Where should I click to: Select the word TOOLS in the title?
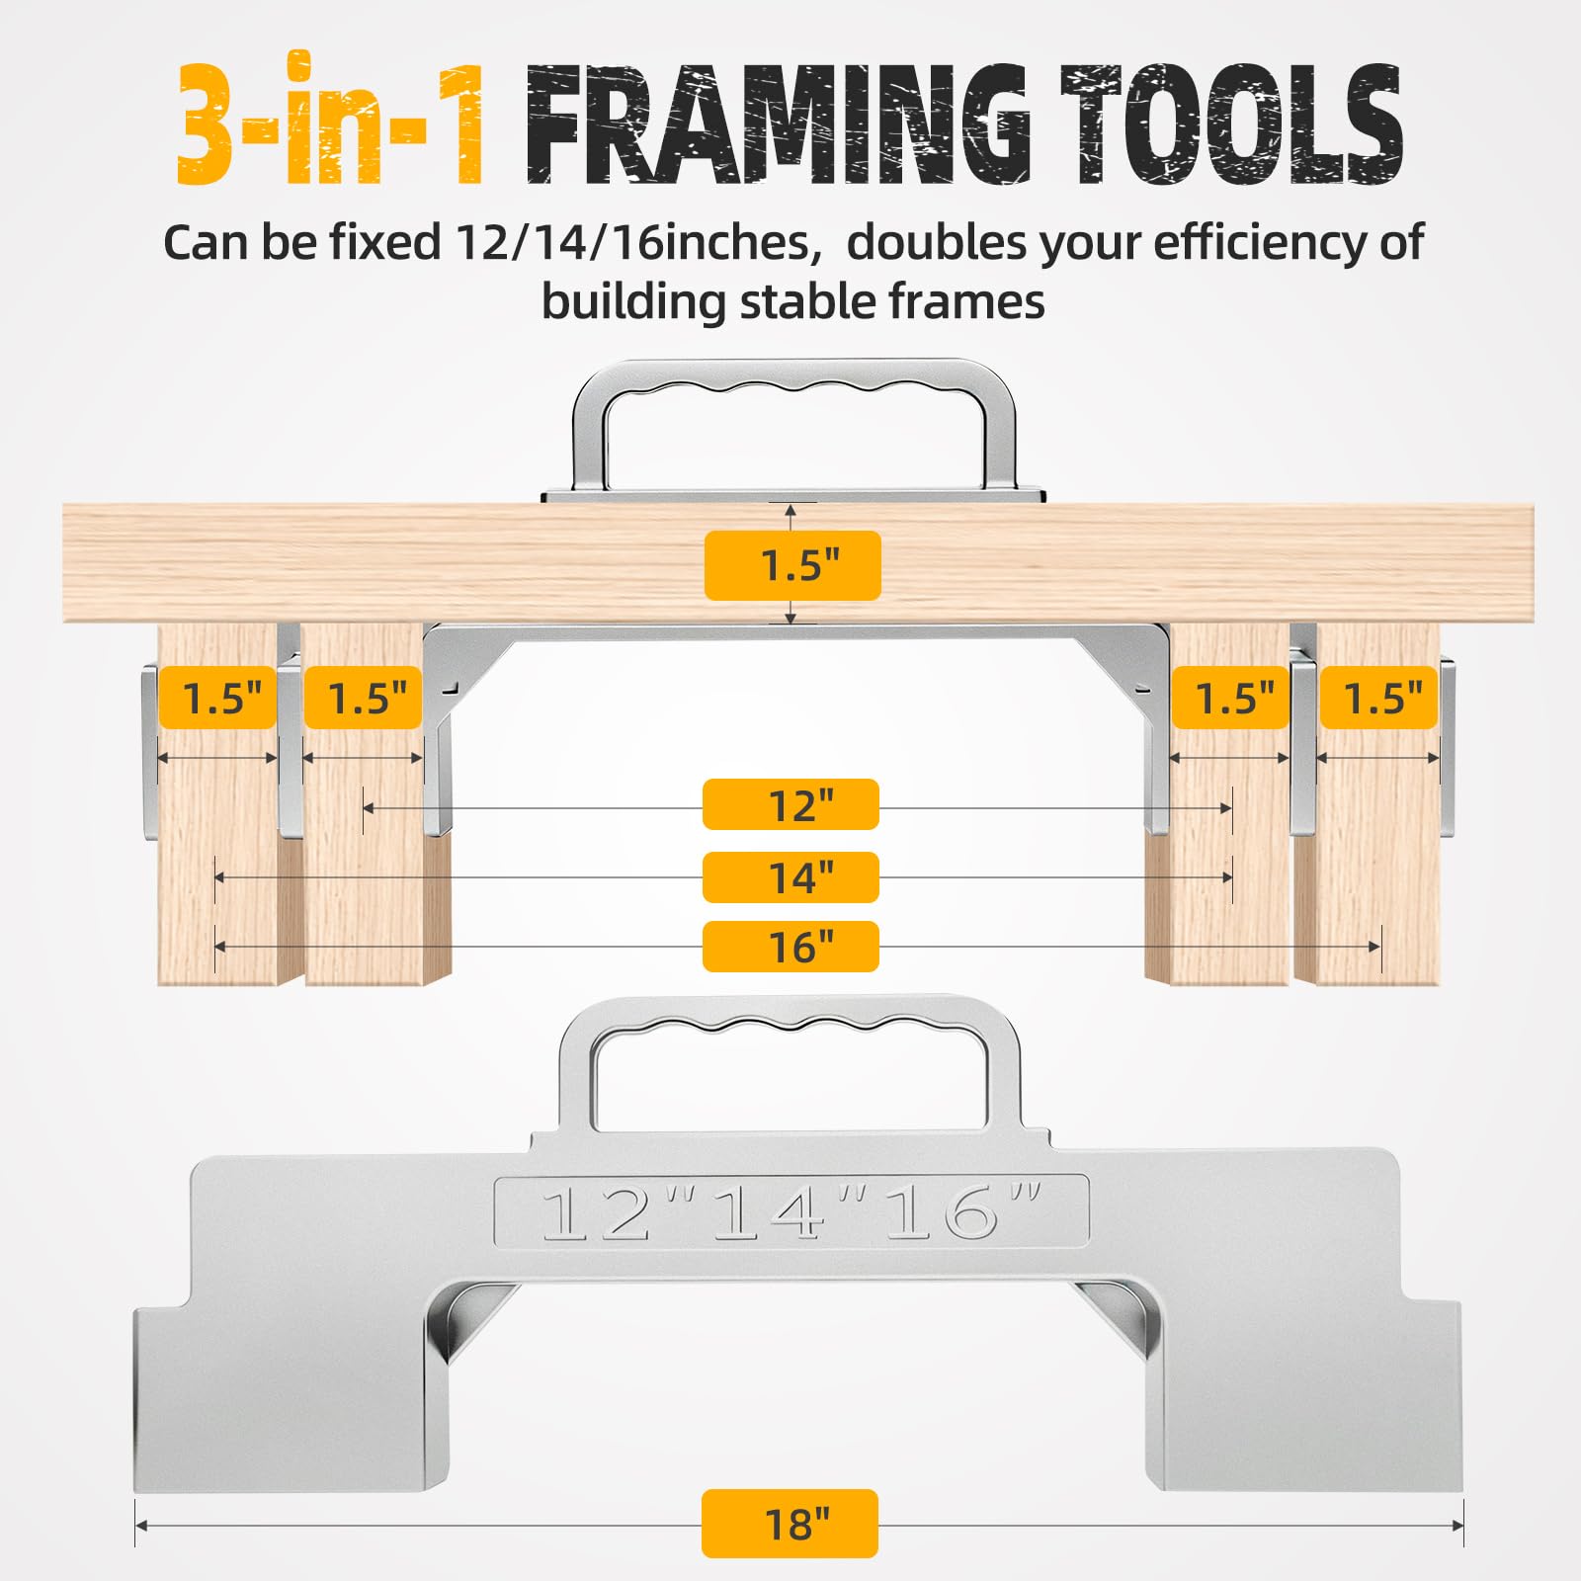[x=1232, y=124]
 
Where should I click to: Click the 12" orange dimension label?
[x=790, y=804]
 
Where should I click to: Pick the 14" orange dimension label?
[x=790, y=877]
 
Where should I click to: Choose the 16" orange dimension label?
[x=790, y=947]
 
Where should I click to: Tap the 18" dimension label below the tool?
[x=790, y=1524]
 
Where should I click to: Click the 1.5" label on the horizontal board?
[x=792, y=565]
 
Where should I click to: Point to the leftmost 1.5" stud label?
[x=217, y=698]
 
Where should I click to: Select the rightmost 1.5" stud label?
[x=1378, y=698]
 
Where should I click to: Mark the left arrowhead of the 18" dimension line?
[x=140, y=1526]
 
